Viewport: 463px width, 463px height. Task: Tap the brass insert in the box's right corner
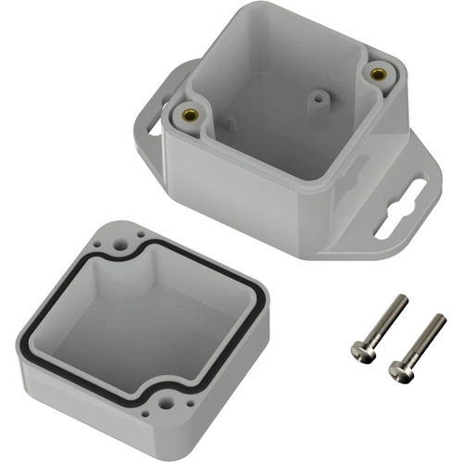377,73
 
